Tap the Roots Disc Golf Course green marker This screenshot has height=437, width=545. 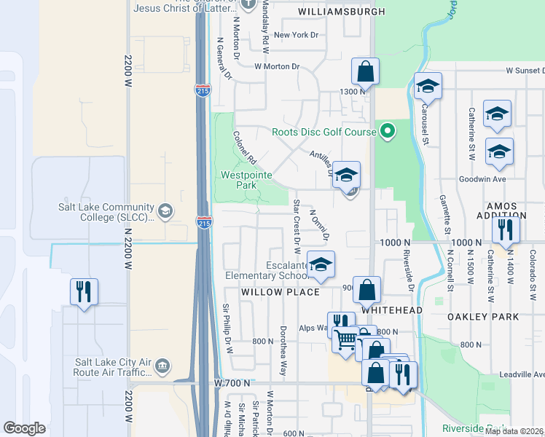pyautogui.click(x=388, y=132)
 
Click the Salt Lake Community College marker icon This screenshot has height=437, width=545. pyautogui.click(x=165, y=211)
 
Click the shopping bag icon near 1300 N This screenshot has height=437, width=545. pyautogui.click(x=365, y=72)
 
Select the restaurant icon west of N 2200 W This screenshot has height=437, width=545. pyautogui.click(x=85, y=291)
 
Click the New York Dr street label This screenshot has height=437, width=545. pyautogui.click(x=296, y=34)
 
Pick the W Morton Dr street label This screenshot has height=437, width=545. pyautogui.click(x=277, y=66)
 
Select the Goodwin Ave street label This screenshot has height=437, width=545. pyautogui.click(x=482, y=178)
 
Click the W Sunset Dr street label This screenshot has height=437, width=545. pyautogui.click(x=525, y=71)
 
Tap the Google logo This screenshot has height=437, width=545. pyautogui.click(x=24, y=428)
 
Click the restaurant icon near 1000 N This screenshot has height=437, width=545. pyautogui.click(x=503, y=230)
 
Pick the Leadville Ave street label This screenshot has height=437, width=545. pyautogui.click(x=522, y=374)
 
